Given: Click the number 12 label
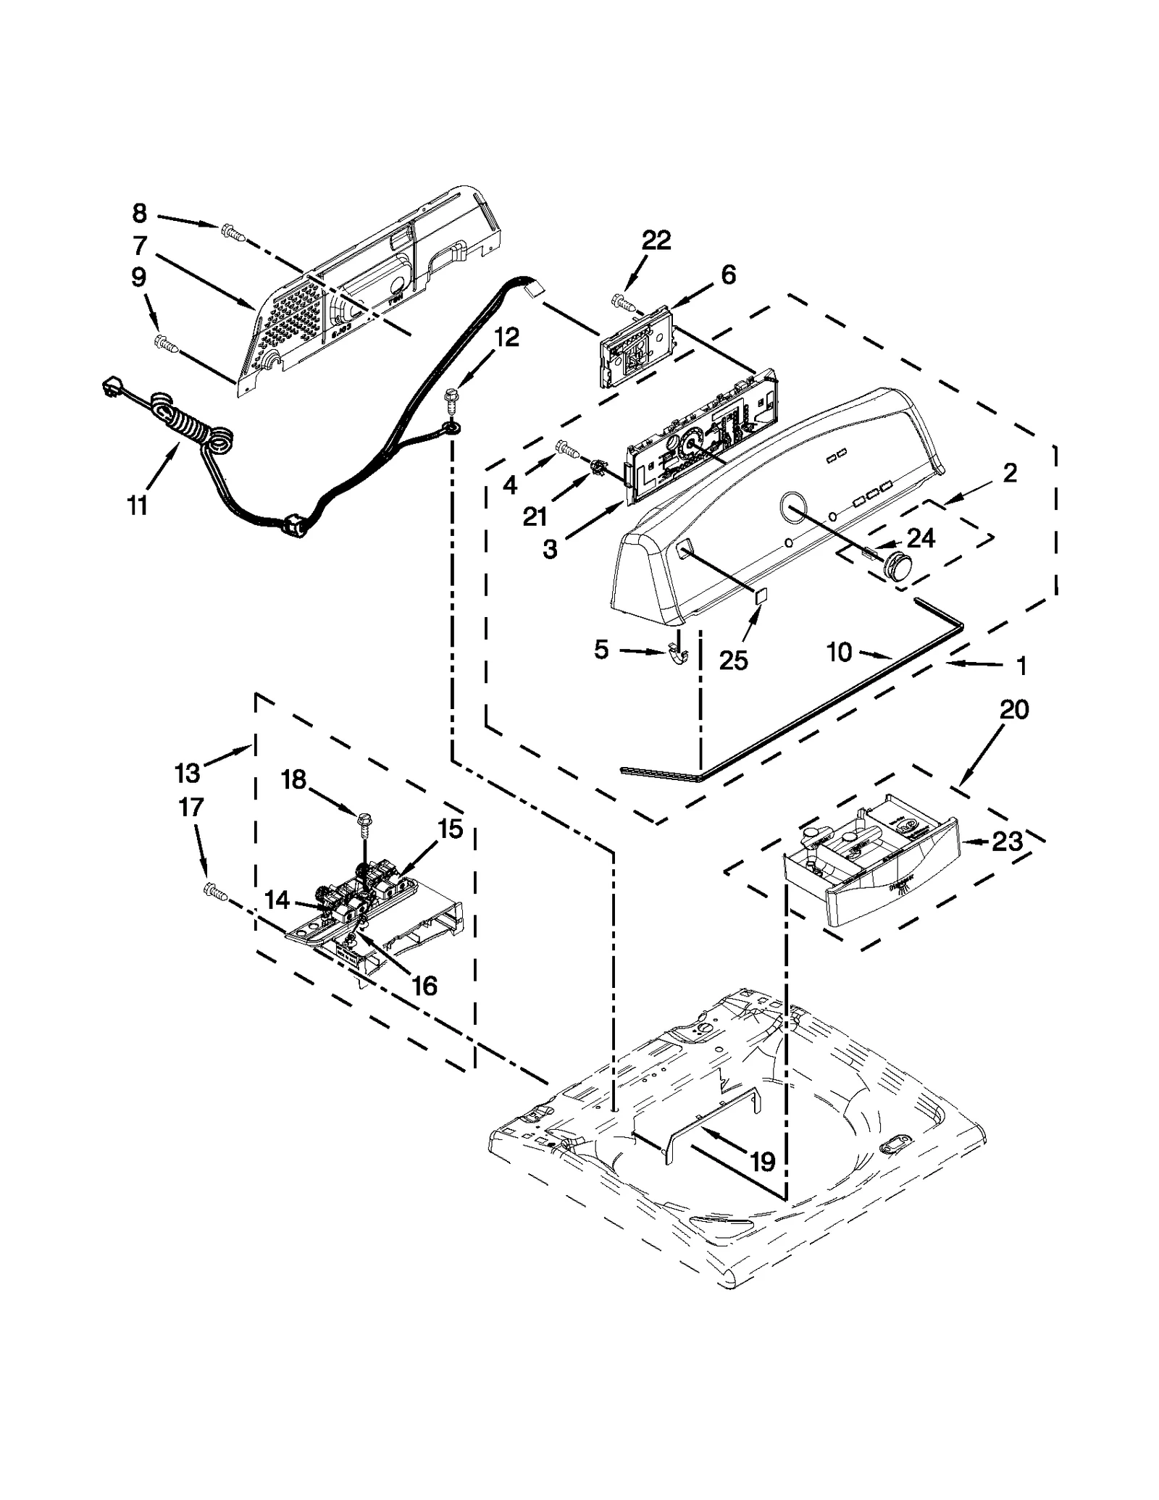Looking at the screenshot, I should (x=507, y=337).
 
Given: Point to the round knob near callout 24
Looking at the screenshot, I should (x=898, y=563).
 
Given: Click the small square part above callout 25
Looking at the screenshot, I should (x=758, y=596).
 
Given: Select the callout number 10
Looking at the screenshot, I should (x=840, y=652).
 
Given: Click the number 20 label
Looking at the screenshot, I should (x=1014, y=710).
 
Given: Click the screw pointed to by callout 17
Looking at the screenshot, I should (x=215, y=890).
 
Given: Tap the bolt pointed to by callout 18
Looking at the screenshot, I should (x=363, y=821).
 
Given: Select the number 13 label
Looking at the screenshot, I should (x=187, y=773).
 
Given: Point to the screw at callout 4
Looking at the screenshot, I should (x=567, y=452).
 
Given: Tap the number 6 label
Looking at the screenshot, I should (x=728, y=275).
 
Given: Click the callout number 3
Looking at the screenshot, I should (x=550, y=550).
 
